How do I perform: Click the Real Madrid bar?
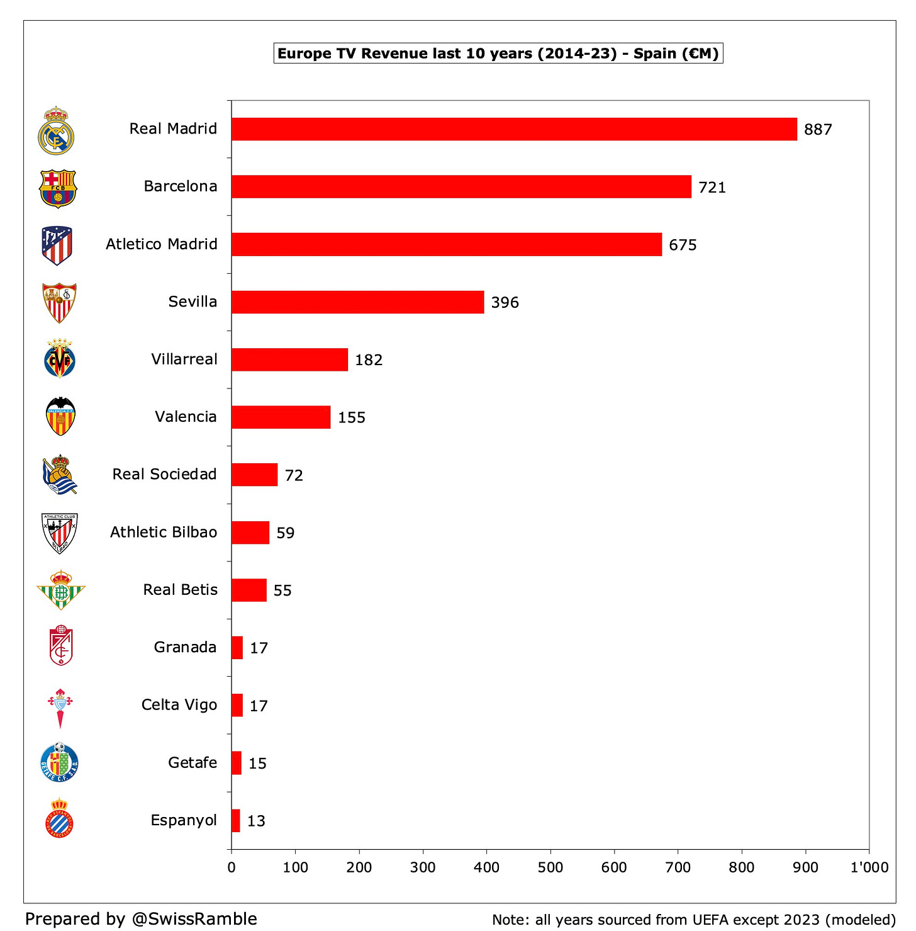514,129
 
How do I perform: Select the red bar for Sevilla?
357,302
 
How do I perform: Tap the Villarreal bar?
289,359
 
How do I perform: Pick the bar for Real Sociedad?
254,475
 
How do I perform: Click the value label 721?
712,188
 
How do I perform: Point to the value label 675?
683,245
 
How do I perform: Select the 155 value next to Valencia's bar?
352,418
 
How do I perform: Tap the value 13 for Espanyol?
256,821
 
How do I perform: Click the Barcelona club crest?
57,188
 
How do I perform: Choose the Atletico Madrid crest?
57,245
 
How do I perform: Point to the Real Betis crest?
60,590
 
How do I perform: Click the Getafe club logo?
59,762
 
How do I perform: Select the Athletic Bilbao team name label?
164,533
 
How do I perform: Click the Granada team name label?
185,648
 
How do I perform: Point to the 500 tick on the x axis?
550,867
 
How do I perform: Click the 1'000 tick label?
869,867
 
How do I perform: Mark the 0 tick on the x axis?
232,867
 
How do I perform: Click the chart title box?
498,54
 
